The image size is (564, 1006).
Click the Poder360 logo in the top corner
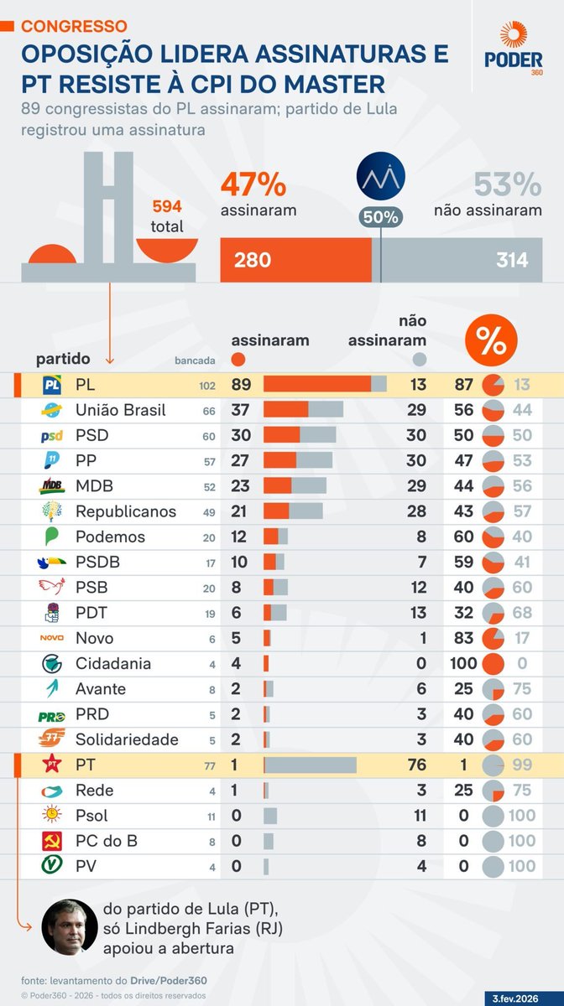(x=513, y=49)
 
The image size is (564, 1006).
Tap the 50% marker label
(x=381, y=216)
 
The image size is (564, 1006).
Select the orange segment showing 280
(x=295, y=260)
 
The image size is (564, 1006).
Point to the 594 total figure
(x=167, y=206)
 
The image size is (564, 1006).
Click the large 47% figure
(x=253, y=184)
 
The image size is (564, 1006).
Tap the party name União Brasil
(x=120, y=411)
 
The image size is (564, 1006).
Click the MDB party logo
(x=52, y=486)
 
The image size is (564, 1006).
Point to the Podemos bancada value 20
(x=208, y=538)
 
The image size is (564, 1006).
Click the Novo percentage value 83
(x=464, y=639)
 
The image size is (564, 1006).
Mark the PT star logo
(x=52, y=765)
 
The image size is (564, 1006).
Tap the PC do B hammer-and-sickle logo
(x=52, y=841)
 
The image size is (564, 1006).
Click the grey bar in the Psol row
(x=270, y=816)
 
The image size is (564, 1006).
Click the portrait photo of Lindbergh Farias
(x=66, y=926)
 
